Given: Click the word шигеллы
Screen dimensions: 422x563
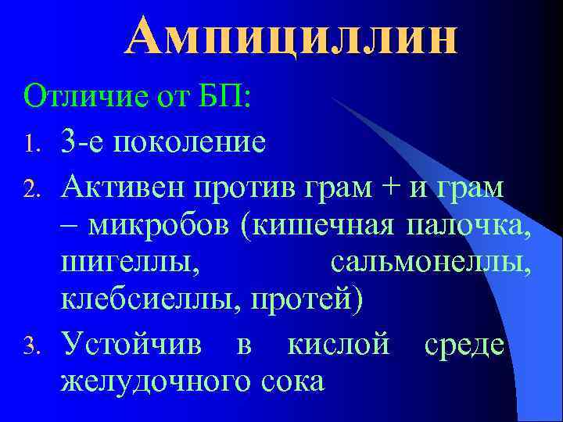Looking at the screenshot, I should pyautogui.click(x=128, y=266).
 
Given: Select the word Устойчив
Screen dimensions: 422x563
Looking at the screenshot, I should pyautogui.click(x=133, y=344).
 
